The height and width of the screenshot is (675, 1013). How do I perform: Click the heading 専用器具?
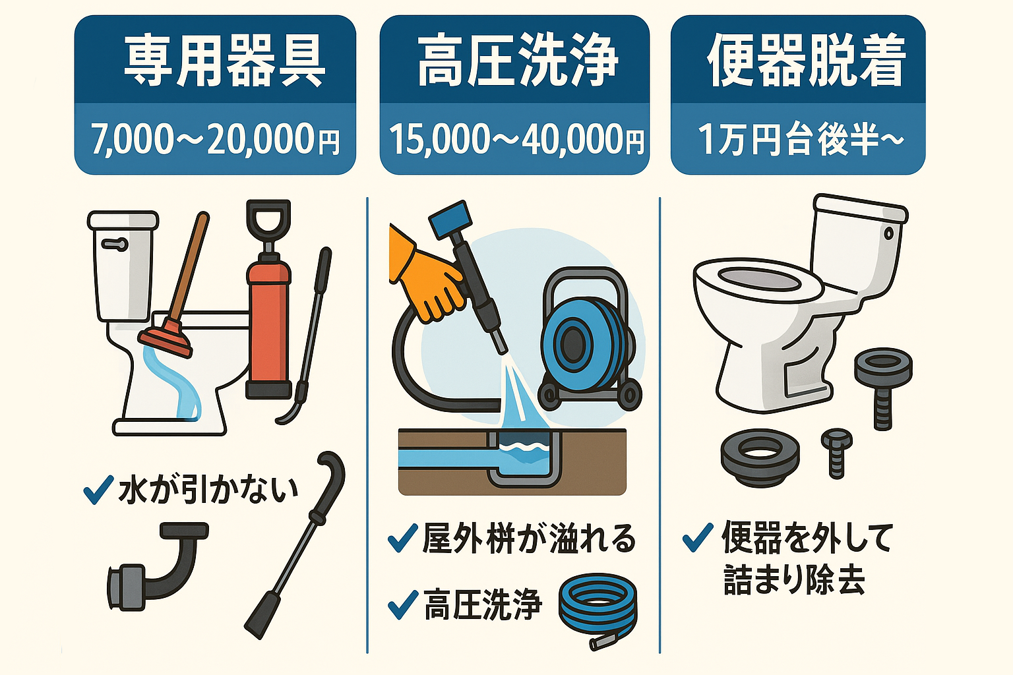coord(224,61)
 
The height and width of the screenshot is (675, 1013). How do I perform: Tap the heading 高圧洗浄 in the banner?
coord(518,61)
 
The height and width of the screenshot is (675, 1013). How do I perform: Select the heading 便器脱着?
coord(806,61)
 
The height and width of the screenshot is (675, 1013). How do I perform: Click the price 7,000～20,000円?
coord(215,139)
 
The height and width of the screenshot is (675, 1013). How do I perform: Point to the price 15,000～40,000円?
coord(516,139)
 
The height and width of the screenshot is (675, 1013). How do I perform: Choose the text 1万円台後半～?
coord(800,139)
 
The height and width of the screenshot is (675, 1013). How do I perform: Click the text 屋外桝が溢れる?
coord(528,539)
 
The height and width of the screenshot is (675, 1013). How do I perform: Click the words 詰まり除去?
coord(793,580)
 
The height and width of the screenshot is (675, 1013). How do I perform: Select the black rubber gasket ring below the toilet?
coord(760,456)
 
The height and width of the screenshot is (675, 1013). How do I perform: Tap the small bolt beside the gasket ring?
coord(836,452)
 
